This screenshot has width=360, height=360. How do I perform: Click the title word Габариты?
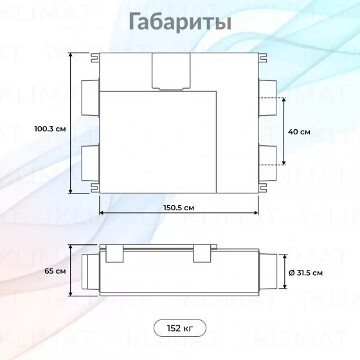180,22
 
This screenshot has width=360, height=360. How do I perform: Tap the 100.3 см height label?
50,129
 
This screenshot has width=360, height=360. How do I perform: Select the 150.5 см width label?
179,208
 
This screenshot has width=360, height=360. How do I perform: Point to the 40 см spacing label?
299,132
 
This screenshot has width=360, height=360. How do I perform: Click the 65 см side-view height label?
55,271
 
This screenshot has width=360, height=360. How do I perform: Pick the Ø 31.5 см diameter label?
305,273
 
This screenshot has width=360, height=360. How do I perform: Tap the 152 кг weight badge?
180,328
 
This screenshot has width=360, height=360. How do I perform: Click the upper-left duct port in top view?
91,98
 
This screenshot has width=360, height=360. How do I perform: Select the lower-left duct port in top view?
91,163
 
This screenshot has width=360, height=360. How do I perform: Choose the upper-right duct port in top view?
267,98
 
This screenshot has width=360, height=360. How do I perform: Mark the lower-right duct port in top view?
267,163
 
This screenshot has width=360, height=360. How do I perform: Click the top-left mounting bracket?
95,58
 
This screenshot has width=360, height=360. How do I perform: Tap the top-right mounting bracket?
263,58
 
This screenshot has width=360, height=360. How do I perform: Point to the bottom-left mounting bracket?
95,188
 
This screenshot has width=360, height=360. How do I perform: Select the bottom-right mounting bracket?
263,188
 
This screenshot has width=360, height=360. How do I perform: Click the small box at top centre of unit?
171,71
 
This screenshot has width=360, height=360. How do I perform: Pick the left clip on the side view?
114,253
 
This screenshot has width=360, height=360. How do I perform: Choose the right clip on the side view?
202,253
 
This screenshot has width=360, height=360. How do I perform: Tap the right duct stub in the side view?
268,271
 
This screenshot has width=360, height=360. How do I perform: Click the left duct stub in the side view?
91,272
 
